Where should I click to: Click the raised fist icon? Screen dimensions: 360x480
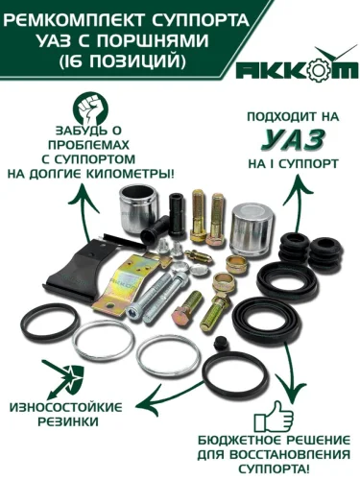[x=90, y=109]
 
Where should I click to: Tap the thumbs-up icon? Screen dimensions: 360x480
[x=274, y=417]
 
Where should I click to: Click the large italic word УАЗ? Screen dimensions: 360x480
[x=293, y=140]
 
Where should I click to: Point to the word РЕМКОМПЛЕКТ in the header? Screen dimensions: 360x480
[x=73, y=21]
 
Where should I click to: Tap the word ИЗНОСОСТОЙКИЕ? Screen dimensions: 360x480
[x=66, y=408]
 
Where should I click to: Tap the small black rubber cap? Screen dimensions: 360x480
[x=222, y=342]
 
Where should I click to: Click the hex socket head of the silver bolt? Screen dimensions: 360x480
[x=132, y=312]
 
